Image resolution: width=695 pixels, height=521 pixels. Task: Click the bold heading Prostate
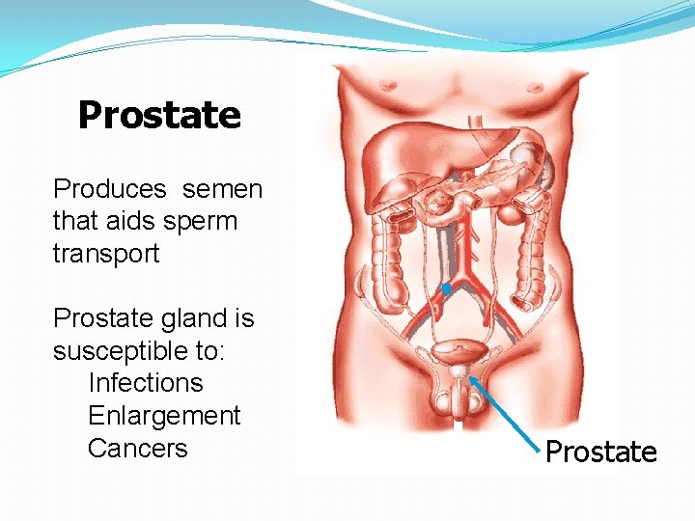(159, 115)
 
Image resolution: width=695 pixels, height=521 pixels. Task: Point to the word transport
(106, 253)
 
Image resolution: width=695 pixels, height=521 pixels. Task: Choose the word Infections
(146, 382)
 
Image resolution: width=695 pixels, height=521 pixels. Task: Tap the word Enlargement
(164, 415)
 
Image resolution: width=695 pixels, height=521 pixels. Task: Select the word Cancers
(137, 448)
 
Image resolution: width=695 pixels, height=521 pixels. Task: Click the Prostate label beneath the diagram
(600, 452)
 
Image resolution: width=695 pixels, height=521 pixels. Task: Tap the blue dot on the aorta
(446, 288)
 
